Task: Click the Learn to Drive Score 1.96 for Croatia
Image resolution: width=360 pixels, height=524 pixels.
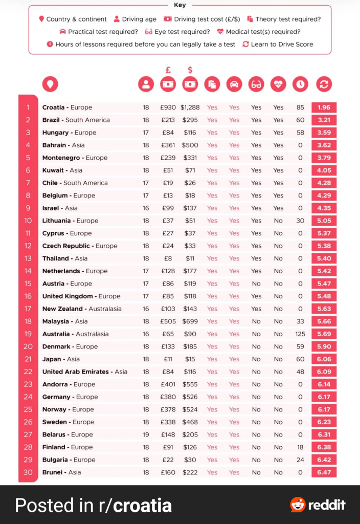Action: tap(324, 107)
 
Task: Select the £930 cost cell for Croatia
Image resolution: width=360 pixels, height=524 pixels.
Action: tap(168, 107)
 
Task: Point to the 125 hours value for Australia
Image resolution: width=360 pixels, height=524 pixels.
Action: tap(300, 334)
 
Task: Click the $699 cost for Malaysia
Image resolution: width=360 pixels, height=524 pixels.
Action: tap(190, 321)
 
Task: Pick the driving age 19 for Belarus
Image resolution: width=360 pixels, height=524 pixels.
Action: tap(146, 434)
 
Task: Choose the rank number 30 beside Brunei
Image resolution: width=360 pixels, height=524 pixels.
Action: tap(28, 472)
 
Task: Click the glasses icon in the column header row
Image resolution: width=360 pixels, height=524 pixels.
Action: tap(256, 84)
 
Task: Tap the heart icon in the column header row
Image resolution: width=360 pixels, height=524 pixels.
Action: tap(278, 84)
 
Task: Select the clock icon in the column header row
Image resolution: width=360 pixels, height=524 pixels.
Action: tap(300, 84)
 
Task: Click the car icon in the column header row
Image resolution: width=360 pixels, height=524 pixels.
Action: tap(234, 84)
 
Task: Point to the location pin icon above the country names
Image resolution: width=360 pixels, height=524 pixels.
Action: tap(50, 84)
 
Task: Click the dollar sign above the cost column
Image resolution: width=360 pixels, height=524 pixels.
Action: tap(190, 70)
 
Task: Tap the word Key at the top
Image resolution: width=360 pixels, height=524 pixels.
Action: tap(180, 5)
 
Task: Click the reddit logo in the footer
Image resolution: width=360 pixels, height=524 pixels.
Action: tap(318, 505)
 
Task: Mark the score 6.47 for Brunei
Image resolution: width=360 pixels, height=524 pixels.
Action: tap(324, 472)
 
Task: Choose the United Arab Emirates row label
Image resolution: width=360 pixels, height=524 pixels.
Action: tap(76, 372)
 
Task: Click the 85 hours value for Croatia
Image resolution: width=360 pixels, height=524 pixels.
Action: tap(300, 107)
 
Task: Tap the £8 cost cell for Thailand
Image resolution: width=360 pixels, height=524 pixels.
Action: tap(168, 258)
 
